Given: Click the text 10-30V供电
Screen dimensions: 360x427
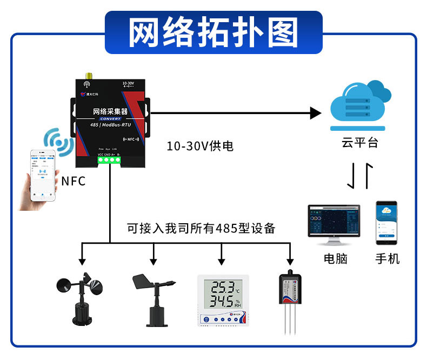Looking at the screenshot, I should click(200, 146).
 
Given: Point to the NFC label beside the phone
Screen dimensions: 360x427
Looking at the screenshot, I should click(74, 181).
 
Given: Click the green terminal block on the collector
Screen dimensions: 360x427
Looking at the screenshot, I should click(109, 158).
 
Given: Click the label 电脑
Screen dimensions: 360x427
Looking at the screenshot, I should click(335, 258).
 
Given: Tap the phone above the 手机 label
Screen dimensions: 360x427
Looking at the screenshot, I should click(386, 223).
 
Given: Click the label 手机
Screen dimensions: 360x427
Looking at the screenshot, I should click(388, 258).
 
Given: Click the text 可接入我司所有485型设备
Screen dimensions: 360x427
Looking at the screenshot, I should click(201, 228).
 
